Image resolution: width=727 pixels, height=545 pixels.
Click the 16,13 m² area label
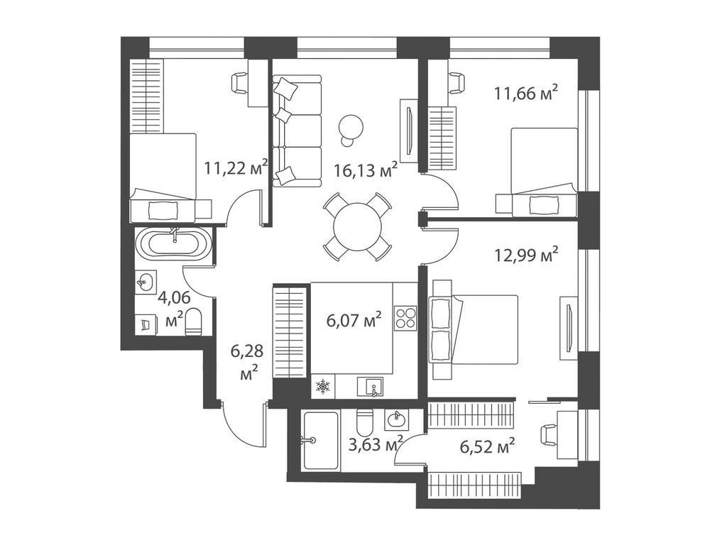click(365, 170)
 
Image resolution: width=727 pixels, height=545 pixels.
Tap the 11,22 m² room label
click(235, 168)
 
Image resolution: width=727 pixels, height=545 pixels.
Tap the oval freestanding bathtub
click(175, 246)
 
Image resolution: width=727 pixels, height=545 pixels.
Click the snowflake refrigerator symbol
click(323, 387)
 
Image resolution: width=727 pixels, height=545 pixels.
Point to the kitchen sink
click(374, 387)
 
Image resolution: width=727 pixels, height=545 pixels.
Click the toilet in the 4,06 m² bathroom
click(194, 323)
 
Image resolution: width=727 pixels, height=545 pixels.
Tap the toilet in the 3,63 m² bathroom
click(364, 423)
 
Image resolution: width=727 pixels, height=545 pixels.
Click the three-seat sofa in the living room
click(296, 131)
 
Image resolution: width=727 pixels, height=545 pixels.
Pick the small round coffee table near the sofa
click(351, 127)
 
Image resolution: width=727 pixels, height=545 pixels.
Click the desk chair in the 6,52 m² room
click(551, 432)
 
